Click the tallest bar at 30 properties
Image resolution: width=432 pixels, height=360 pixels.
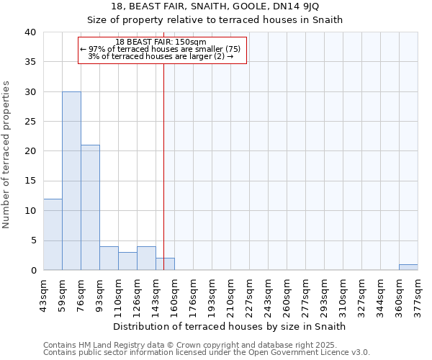point(71,181)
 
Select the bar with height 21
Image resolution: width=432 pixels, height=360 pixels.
point(90,207)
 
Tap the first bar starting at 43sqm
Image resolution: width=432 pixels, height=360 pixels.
point(53,234)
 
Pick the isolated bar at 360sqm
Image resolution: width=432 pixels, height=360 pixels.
point(408,267)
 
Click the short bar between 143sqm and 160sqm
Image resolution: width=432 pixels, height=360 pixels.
point(165,264)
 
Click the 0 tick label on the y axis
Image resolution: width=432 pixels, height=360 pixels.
point(34,271)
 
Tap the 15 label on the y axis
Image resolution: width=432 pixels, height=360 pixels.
point(31,181)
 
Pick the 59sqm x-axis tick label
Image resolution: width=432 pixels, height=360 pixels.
point(63,293)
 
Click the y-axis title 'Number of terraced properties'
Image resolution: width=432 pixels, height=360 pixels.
point(6,155)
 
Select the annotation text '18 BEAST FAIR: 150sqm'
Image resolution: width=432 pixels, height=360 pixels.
point(161,42)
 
